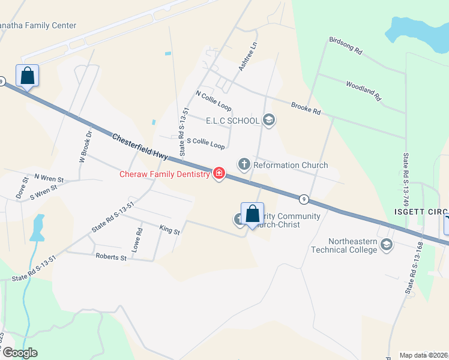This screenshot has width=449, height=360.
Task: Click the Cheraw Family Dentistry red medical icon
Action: point(219,174)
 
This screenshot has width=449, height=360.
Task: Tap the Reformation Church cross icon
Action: point(244,164)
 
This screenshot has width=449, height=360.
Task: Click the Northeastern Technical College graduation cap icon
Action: point(387,245)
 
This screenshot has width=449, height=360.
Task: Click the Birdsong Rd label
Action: point(345,47)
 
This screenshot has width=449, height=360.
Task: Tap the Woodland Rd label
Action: point(363,90)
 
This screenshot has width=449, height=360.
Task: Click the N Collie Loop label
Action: point(213,100)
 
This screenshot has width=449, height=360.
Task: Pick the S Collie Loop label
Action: point(206,143)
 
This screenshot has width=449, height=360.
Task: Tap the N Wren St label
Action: point(49,178)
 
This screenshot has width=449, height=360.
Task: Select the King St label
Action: point(169,229)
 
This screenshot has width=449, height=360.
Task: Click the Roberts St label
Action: point(111,257)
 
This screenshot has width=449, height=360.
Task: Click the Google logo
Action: point(20,353)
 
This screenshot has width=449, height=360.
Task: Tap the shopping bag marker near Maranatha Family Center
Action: point(27,76)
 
